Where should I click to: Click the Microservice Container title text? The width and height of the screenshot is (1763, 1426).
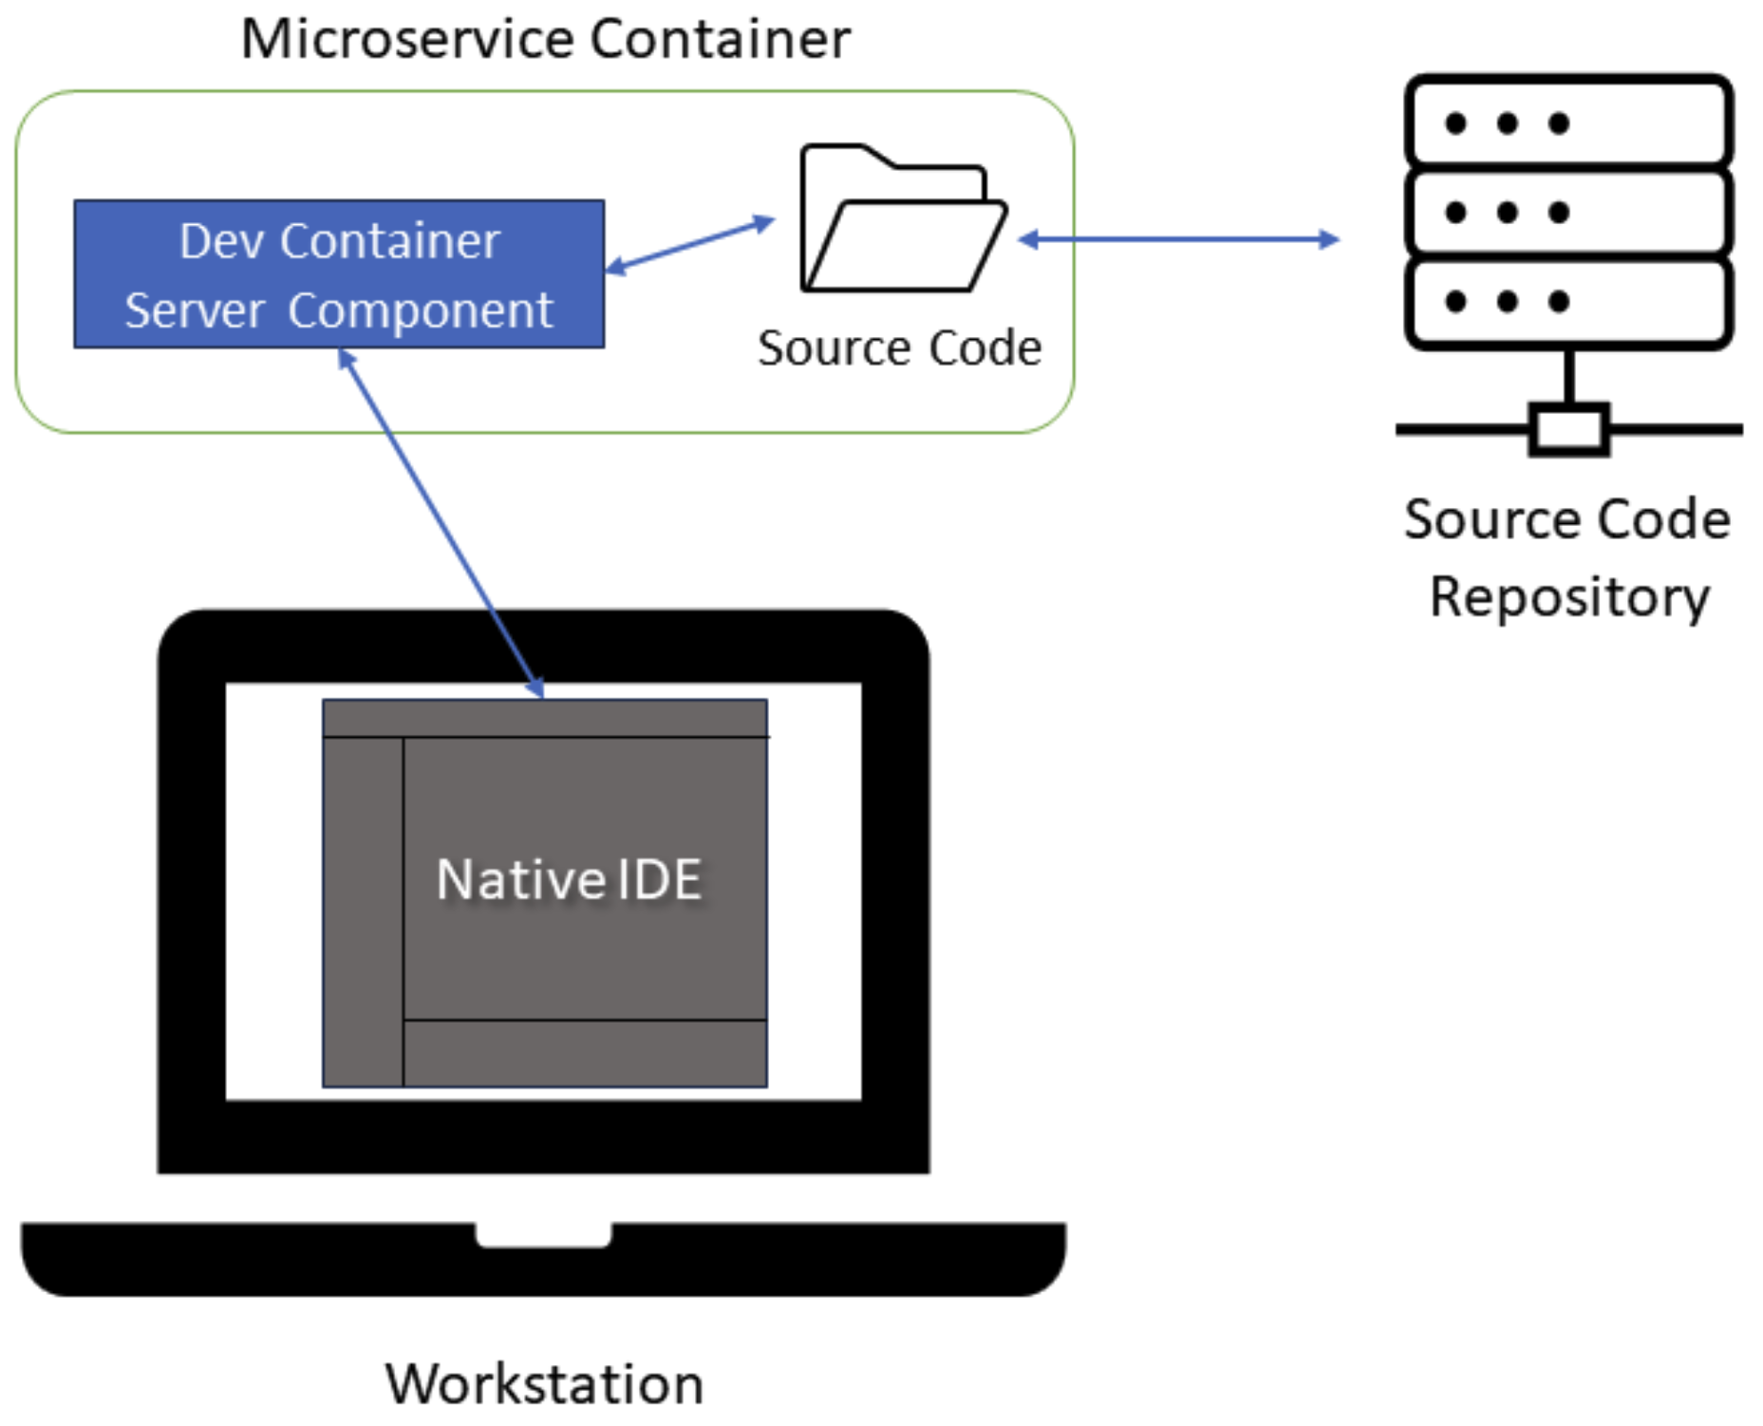coord(545,40)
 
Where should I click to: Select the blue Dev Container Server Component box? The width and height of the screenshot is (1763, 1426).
coord(339,273)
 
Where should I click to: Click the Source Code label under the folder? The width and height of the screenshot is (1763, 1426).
coord(899,347)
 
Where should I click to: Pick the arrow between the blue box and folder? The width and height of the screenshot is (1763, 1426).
coord(690,245)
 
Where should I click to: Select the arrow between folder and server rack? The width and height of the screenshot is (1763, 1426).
coord(1178,239)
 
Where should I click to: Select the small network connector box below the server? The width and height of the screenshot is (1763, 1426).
coord(1568,429)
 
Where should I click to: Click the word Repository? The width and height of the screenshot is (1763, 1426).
coord(1569,598)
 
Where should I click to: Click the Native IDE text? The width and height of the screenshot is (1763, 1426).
coord(569,879)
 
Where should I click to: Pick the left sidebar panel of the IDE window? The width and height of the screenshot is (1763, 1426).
coord(363,911)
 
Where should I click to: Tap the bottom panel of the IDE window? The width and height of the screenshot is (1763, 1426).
coord(585,1053)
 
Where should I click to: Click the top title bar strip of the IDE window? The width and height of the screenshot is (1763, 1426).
coord(544,719)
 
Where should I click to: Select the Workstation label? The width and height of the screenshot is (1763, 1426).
coord(544,1383)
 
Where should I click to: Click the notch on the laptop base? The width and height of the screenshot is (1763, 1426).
coord(543,1234)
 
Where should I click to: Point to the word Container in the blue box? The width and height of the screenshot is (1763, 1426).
coord(389,241)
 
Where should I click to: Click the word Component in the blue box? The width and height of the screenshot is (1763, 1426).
coord(420,310)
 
